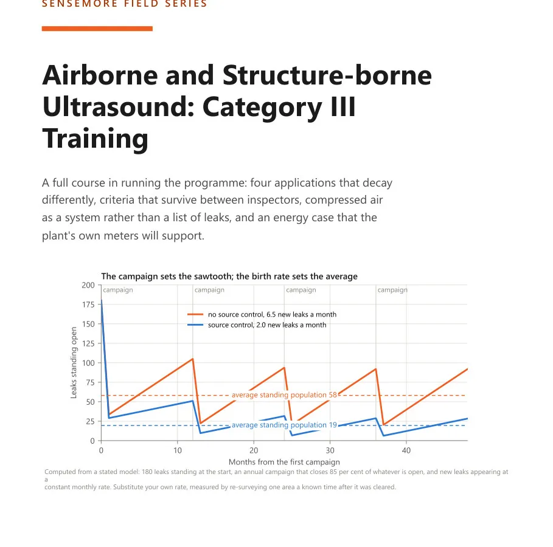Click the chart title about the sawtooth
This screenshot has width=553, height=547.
coord(229,277)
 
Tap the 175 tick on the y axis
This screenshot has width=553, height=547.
coord(88,304)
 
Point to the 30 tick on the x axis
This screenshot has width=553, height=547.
coord(330,450)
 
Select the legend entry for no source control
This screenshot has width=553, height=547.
coord(262,314)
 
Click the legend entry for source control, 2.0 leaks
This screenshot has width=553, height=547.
coord(257,325)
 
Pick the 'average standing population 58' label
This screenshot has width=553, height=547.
coord(284,395)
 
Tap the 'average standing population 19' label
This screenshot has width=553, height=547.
coord(284,425)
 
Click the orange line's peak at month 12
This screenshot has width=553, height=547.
coord(193,359)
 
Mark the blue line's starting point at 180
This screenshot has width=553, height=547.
coord(102,301)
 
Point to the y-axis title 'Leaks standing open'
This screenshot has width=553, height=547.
coord(74,363)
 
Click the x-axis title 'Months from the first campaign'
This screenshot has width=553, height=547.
coord(284,462)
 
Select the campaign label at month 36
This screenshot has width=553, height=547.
coord(392,290)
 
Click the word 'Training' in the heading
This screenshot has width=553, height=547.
coord(96,139)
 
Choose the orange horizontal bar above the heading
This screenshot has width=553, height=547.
coord(97,29)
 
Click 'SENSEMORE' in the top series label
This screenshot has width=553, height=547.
coord(80,4)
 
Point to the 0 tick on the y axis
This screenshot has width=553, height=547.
coord(92,441)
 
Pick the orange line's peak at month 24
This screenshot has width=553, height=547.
coord(284,368)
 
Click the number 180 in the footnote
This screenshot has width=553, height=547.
coord(147,472)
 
